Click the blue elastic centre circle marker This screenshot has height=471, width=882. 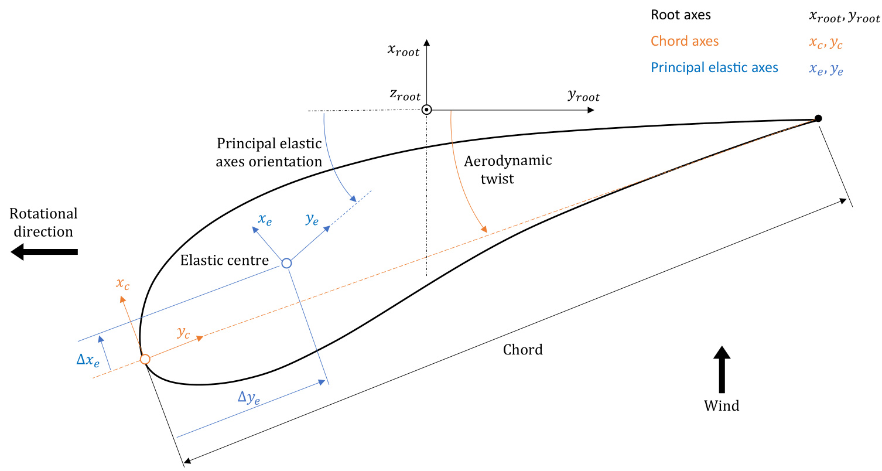(286, 263)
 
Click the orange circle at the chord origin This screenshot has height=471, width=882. (145, 359)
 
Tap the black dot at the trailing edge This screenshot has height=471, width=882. (818, 118)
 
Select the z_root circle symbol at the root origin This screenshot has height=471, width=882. (427, 110)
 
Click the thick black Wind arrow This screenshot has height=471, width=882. (722, 369)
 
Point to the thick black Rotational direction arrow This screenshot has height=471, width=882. (44, 252)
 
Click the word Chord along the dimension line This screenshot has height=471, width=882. (523, 350)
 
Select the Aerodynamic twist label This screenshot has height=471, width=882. (507, 169)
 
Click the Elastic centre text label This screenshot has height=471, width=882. (224, 260)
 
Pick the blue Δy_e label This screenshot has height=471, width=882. (249, 398)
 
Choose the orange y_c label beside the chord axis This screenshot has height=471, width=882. (183, 332)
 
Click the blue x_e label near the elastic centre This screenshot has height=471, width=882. (265, 220)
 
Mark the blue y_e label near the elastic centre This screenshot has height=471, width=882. (312, 219)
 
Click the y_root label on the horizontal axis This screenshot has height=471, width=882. (583, 97)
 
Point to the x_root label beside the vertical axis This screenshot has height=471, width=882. (404, 50)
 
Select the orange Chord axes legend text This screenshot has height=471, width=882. (685, 41)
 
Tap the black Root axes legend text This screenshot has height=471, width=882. (681, 15)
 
